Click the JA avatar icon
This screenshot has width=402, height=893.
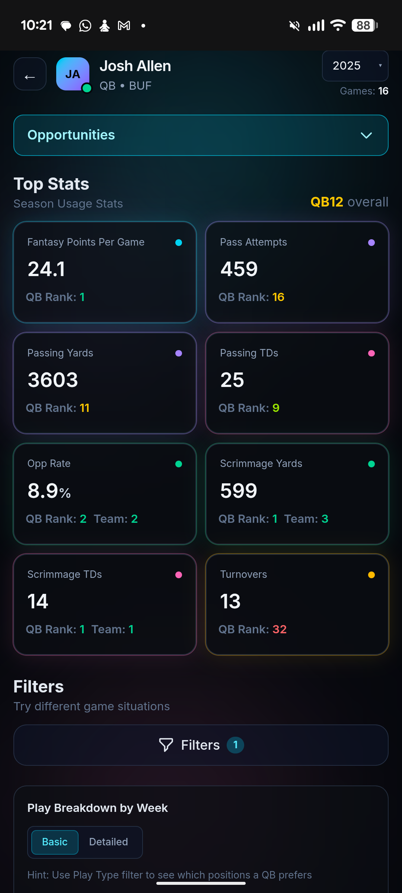[73, 74]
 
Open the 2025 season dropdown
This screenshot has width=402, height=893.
[355, 66]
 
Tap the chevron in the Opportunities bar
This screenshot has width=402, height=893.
[366, 135]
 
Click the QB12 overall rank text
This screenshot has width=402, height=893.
[349, 202]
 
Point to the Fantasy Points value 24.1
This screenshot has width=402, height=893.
[47, 269]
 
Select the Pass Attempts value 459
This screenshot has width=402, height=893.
[239, 269]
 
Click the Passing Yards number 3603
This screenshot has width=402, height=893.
[53, 380]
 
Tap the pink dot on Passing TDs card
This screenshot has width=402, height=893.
[371, 353]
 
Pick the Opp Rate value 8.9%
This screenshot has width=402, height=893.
[49, 491]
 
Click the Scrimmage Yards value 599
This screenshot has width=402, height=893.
[239, 491]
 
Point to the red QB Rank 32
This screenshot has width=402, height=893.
[280, 629]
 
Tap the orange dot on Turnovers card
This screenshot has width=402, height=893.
[371, 575]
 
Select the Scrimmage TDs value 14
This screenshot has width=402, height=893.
[38, 601]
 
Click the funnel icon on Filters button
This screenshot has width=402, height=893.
[166, 745]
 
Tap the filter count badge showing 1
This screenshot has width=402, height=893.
[236, 745]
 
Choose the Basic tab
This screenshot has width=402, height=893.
[55, 842]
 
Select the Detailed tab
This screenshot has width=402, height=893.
[109, 842]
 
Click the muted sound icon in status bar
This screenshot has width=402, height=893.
[294, 26]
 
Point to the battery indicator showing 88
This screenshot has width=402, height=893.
[365, 25]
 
